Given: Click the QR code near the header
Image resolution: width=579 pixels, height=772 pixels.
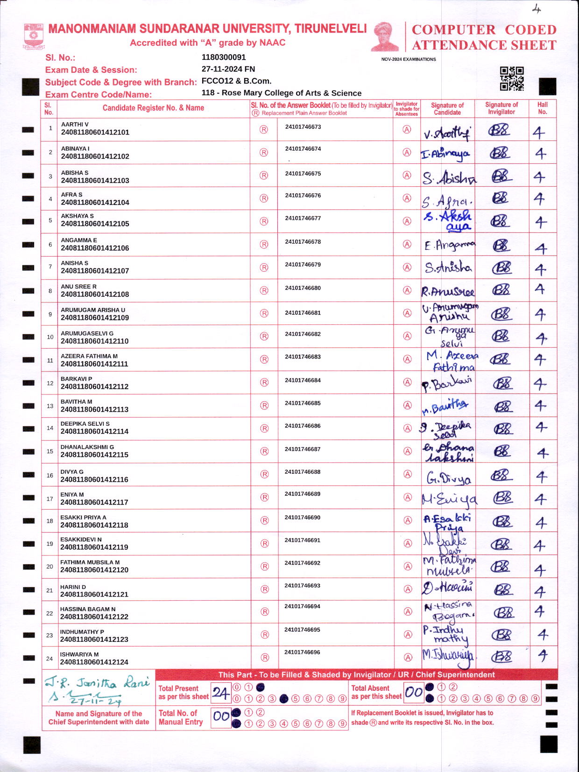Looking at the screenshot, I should coord(512,78).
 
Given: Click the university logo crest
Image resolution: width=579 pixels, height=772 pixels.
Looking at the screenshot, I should coord(34,36).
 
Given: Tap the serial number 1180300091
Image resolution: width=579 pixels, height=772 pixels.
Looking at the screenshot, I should coord(224,57).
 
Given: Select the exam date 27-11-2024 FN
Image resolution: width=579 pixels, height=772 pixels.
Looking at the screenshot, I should coord(228,69).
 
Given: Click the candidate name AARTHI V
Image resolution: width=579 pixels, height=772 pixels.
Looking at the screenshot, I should coord(75,125).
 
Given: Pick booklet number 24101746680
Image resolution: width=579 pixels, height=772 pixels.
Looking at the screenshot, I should coord(303,288).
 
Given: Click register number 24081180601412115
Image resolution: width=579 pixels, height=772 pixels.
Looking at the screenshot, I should coord(94,455).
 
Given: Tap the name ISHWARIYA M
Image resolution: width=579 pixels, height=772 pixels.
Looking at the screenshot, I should coord(79,654).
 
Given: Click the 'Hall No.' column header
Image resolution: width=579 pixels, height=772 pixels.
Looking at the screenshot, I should coord(543,108).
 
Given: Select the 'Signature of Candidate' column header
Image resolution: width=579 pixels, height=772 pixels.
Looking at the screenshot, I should coord(447,109).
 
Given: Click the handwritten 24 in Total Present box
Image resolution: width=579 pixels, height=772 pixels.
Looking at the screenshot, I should coord(220,693).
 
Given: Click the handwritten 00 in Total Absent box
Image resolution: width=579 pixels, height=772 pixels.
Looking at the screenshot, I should coord(414,693).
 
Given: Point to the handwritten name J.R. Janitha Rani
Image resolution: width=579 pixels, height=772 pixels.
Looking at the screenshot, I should coord(98,683).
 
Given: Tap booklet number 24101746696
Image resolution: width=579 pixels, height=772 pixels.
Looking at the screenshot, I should coord(302,652).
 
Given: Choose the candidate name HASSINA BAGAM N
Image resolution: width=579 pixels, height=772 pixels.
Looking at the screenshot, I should coord(88,609).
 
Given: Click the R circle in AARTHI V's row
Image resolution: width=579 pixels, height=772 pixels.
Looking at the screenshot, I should coord(264,129).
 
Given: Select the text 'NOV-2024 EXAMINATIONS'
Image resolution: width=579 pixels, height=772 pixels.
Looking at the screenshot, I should coord(409,59).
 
